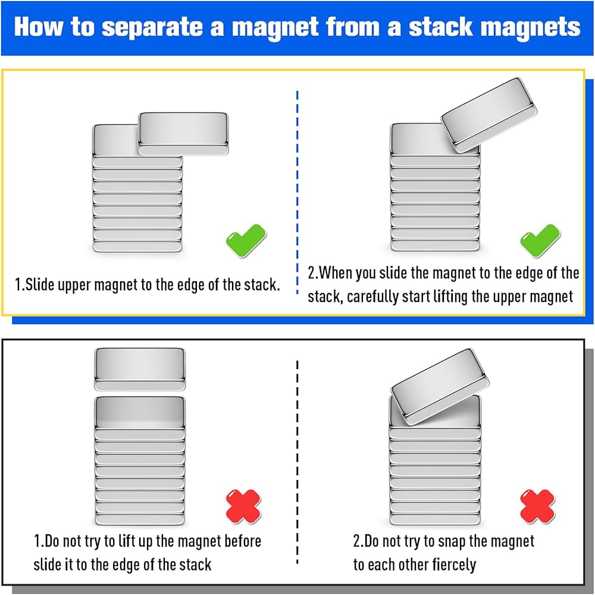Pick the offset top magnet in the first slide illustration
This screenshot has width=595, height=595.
click(183, 135)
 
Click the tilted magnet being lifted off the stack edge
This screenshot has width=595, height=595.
click(488, 114)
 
